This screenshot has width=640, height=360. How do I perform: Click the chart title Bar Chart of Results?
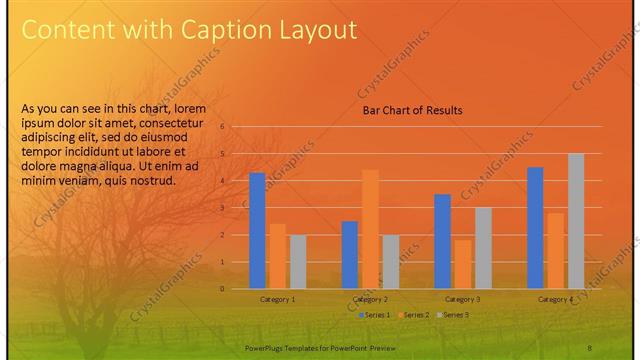[x=412, y=110]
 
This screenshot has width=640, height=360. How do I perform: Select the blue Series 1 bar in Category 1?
[x=257, y=230]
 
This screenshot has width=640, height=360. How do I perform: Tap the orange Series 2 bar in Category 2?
[x=370, y=229]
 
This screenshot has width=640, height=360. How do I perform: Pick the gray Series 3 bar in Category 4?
[x=576, y=221]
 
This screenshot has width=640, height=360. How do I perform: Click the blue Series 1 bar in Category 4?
[x=535, y=227]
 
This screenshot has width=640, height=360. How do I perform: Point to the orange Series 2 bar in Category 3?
[x=462, y=264]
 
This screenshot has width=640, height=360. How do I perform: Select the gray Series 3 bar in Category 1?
[x=298, y=261]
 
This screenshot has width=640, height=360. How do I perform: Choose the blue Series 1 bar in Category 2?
[x=350, y=254]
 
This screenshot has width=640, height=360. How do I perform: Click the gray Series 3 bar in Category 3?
[x=483, y=248]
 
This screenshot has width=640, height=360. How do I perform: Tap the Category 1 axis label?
[x=277, y=299]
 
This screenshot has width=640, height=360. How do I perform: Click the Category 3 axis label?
[x=462, y=299]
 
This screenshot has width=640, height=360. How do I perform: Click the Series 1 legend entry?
[x=374, y=315]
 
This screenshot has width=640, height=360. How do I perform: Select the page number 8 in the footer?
[x=590, y=347]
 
